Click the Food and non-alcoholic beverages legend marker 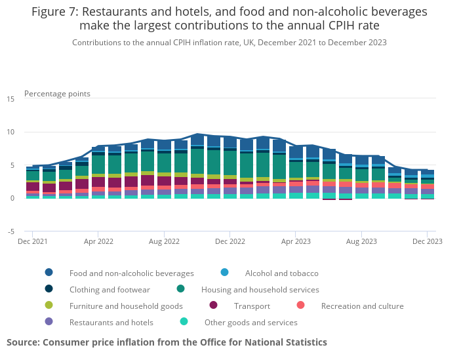click(x=49, y=273)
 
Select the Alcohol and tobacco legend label click(x=281, y=273)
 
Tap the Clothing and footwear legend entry click(x=110, y=289)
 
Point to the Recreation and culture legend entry click(x=357, y=306)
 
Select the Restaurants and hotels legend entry click(x=111, y=322)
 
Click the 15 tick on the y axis click(x=10, y=99)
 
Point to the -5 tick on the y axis click(x=11, y=231)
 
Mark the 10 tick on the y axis click(x=10, y=132)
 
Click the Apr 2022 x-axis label click(x=98, y=241)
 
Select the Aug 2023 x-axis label click(x=361, y=241)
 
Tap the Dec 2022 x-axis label click(x=229, y=241)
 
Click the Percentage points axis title click(x=57, y=94)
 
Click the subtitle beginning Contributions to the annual click(x=229, y=42)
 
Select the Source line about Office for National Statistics click(x=167, y=342)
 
